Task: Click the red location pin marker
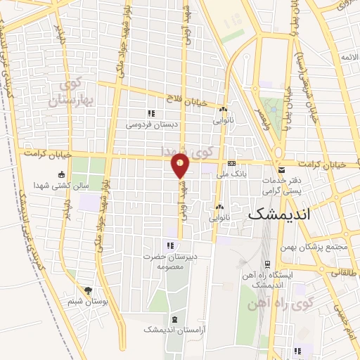coord(181,166)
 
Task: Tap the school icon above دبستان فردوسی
coord(150,112)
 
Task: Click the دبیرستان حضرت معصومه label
coord(169,262)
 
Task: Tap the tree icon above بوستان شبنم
coord(88,290)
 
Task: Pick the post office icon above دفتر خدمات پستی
coord(281,170)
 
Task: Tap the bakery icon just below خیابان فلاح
coord(223,110)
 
